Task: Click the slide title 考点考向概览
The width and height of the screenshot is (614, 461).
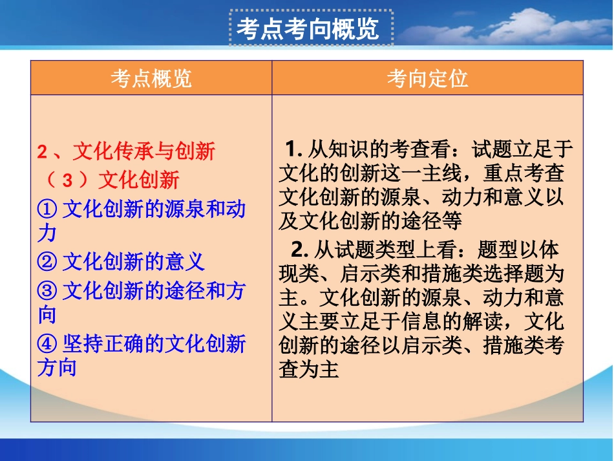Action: tap(308, 28)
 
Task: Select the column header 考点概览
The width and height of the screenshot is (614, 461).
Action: tap(151, 78)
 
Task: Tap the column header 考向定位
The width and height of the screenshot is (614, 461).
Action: tap(427, 78)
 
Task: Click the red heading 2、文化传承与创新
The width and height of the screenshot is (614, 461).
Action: tap(126, 152)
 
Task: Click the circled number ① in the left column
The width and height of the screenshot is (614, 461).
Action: tap(48, 209)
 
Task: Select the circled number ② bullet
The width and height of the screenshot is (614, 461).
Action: tap(48, 262)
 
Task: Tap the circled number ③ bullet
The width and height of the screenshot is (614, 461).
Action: tap(48, 291)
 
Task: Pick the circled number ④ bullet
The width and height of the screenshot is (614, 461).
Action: tap(48, 344)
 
